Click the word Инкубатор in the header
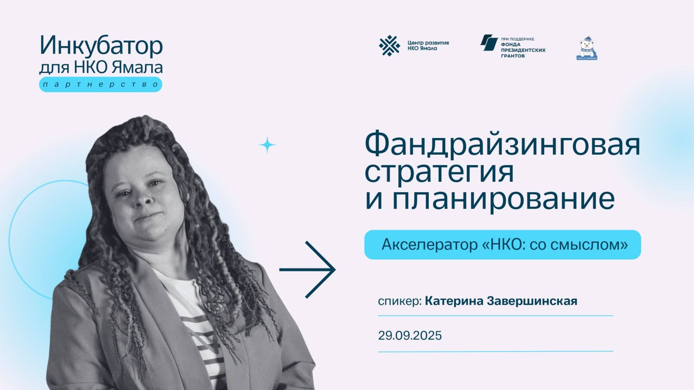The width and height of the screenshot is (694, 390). [101, 46]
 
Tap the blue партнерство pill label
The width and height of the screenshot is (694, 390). [100, 84]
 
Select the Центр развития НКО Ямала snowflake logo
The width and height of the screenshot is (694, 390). [389, 46]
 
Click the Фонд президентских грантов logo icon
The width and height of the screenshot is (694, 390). [489, 43]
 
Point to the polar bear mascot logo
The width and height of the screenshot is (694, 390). [586, 48]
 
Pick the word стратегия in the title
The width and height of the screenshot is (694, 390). [439, 172]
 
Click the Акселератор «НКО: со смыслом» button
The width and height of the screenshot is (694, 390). [502, 245]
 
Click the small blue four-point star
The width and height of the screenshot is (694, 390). [267, 145]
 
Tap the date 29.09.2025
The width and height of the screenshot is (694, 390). [410, 335]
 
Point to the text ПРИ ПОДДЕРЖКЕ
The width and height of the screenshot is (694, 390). [517, 39]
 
